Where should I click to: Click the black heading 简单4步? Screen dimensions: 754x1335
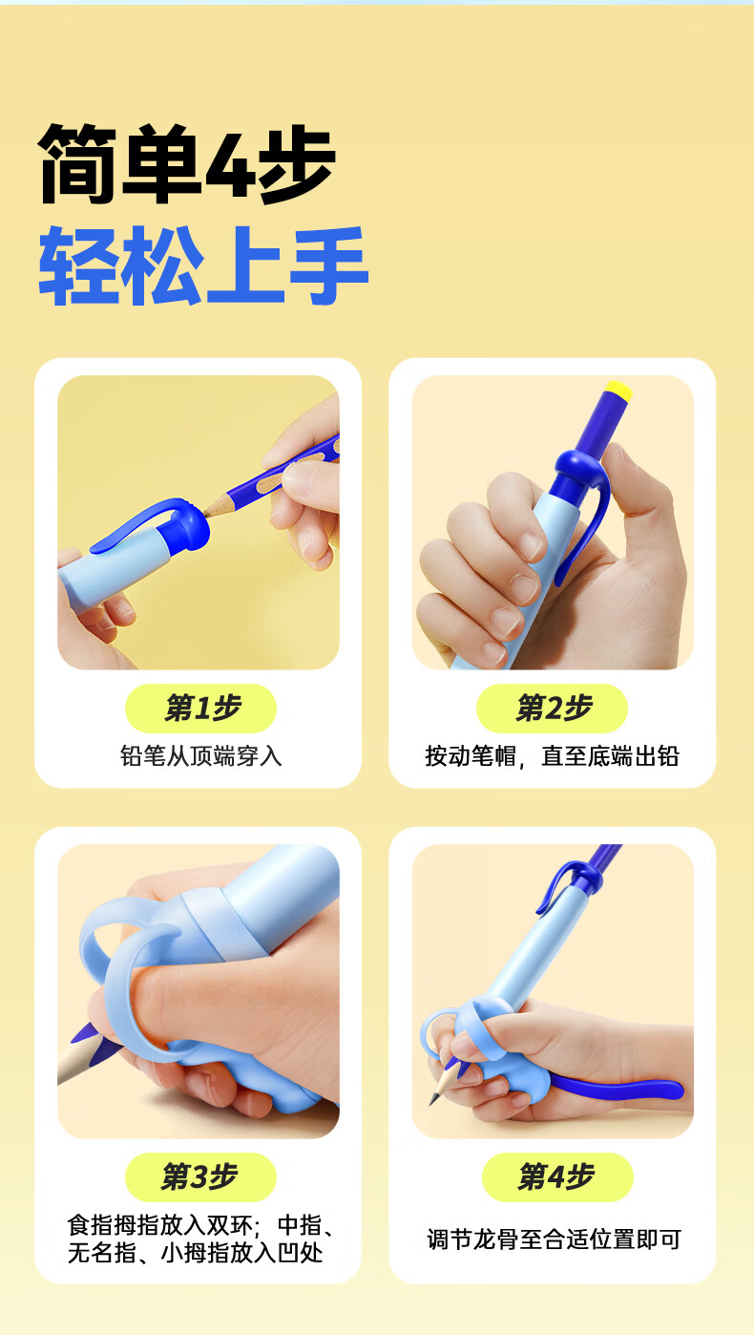(x=186, y=164)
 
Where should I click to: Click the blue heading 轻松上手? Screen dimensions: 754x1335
(x=203, y=265)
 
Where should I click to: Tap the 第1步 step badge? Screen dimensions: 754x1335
(x=200, y=708)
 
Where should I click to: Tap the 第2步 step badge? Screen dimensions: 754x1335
(x=552, y=708)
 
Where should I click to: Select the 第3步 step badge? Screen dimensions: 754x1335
(x=200, y=1177)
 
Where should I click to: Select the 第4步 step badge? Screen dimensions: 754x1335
(x=557, y=1177)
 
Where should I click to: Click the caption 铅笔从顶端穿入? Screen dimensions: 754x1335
(x=200, y=755)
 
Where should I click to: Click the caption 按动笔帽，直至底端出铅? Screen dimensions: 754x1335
(x=552, y=755)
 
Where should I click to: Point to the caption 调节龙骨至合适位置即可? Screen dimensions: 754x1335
(x=554, y=1240)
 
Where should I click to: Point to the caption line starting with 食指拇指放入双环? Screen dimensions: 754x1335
(x=202, y=1225)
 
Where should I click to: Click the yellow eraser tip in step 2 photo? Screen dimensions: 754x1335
(x=618, y=391)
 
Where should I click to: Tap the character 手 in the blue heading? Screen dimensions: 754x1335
(x=329, y=265)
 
